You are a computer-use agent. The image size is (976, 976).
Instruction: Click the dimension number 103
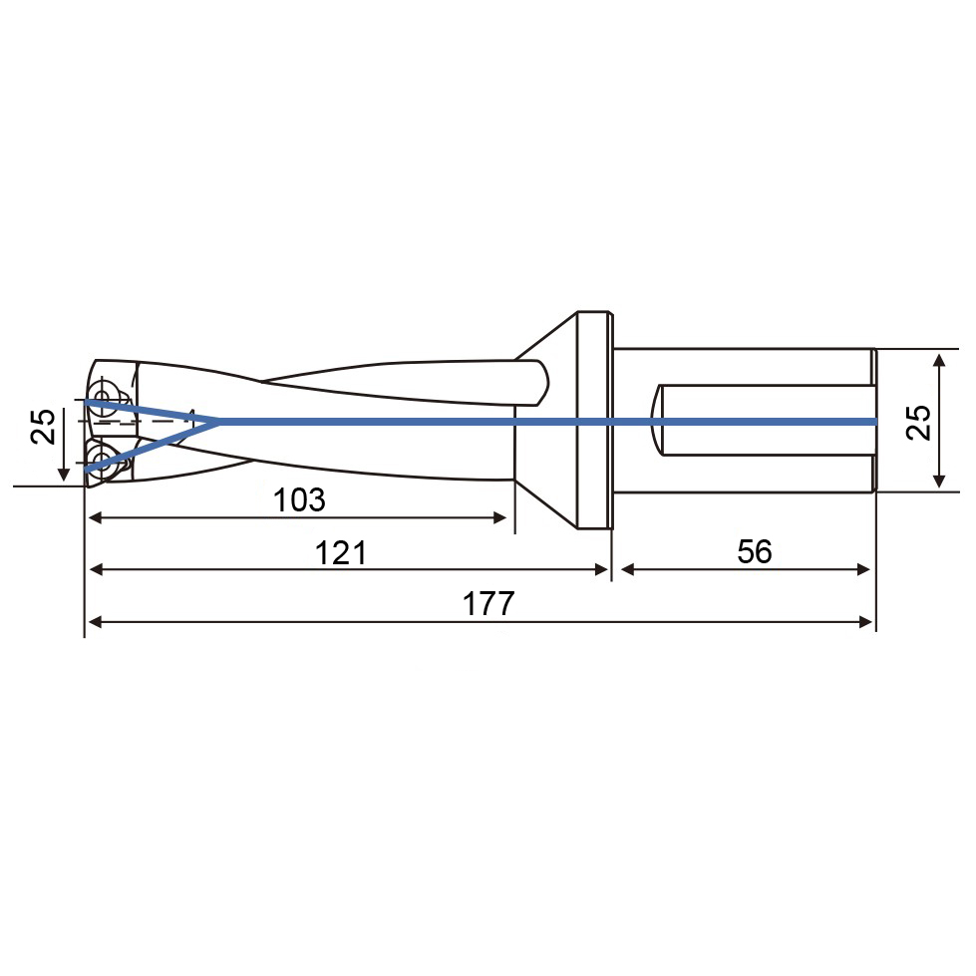[x=299, y=499]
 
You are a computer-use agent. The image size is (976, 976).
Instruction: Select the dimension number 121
[x=341, y=552]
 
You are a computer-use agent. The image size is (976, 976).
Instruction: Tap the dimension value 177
[x=488, y=604]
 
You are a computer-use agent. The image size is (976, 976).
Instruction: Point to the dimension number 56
[x=755, y=551]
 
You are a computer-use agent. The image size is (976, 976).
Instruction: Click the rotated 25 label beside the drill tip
[x=43, y=427]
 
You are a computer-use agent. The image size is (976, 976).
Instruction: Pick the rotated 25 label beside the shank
[x=918, y=423]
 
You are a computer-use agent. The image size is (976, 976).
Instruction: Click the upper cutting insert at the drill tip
[x=104, y=394]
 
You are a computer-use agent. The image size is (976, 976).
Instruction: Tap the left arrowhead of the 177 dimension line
[x=96, y=621]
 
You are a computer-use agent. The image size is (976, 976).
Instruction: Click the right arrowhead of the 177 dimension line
[x=865, y=621]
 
